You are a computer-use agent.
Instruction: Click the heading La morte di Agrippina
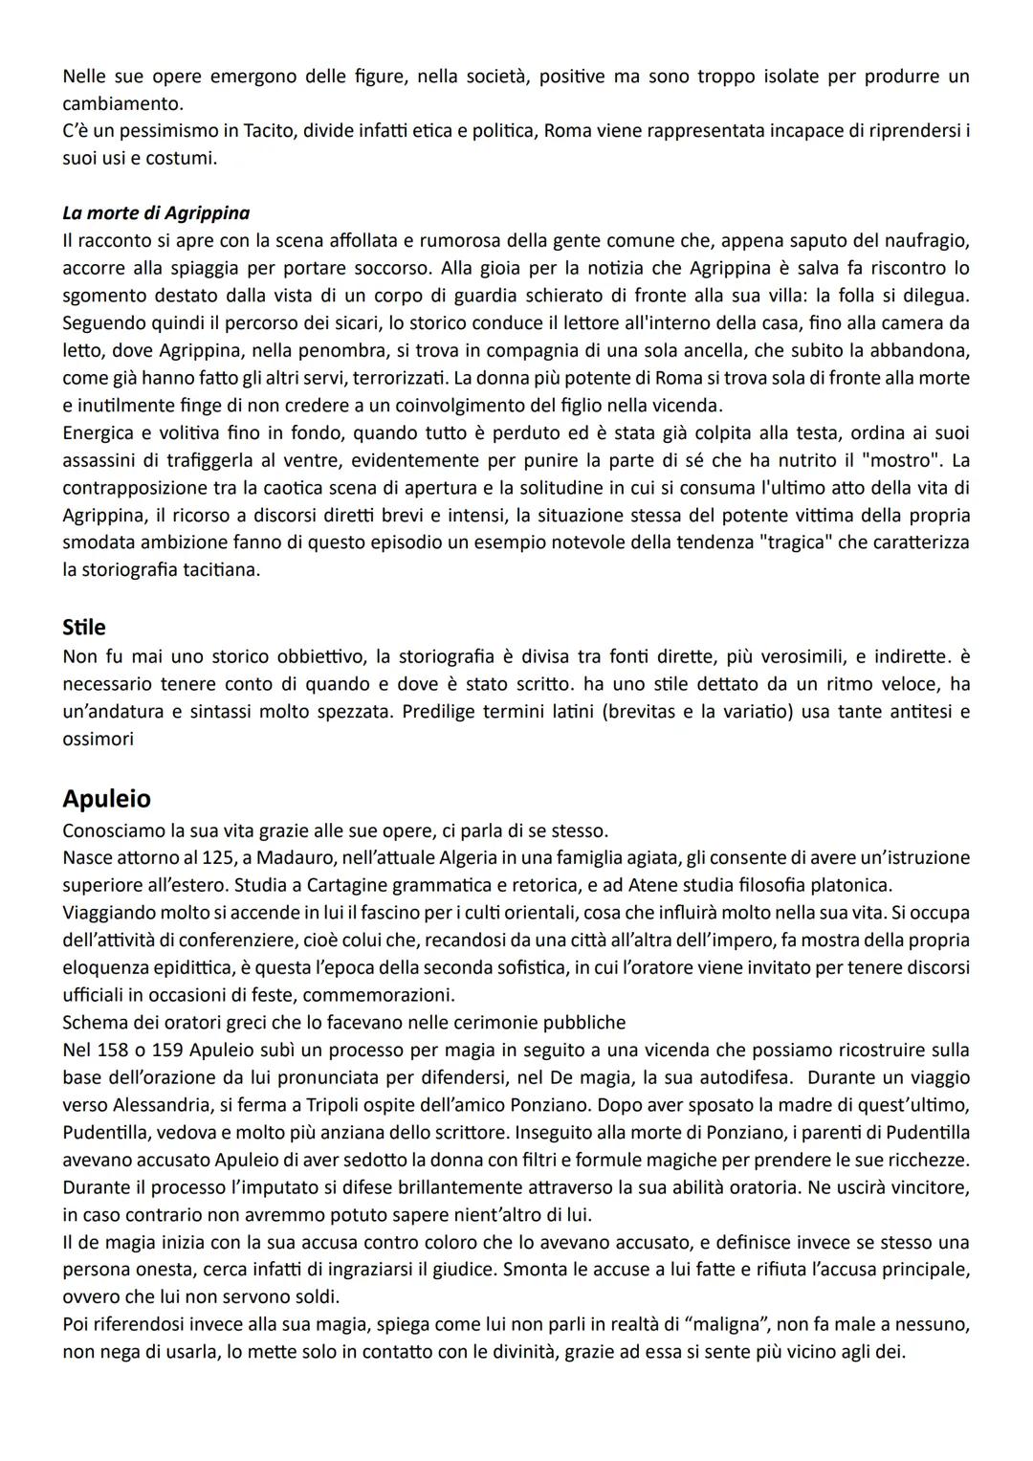(156, 212)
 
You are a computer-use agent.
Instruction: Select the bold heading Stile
(84, 628)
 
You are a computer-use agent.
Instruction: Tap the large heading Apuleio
(106, 798)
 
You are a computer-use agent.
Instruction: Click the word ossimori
(99, 740)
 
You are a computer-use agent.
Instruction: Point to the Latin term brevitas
(644, 712)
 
